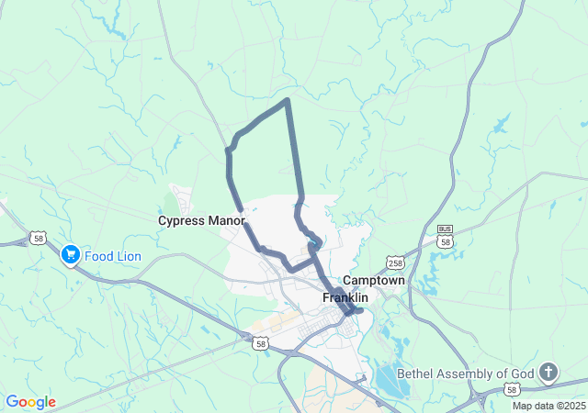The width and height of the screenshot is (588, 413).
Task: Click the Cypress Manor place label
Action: [201, 221]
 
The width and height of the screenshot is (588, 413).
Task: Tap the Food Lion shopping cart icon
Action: [70, 254]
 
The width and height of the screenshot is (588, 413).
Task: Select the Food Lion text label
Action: [114, 256]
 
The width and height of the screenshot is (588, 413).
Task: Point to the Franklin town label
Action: [345, 298]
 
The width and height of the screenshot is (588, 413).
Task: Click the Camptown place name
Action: [375, 281]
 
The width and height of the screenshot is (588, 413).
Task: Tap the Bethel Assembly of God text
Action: [465, 374]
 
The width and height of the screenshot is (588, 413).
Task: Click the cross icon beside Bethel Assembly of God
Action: [548, 372]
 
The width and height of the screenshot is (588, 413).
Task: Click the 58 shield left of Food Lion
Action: [38, 238]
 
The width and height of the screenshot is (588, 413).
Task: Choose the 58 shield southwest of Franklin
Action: [261, 343]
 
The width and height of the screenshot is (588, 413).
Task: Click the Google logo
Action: [30, 402]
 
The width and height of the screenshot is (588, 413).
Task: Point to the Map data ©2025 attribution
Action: [548, 406]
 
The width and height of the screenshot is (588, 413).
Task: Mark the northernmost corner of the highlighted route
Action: [288, 99]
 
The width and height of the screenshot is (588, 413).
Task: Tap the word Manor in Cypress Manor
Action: [226, 221]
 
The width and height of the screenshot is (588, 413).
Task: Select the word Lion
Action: [129, 256]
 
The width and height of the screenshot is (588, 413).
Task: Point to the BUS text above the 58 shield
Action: [446, 230]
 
